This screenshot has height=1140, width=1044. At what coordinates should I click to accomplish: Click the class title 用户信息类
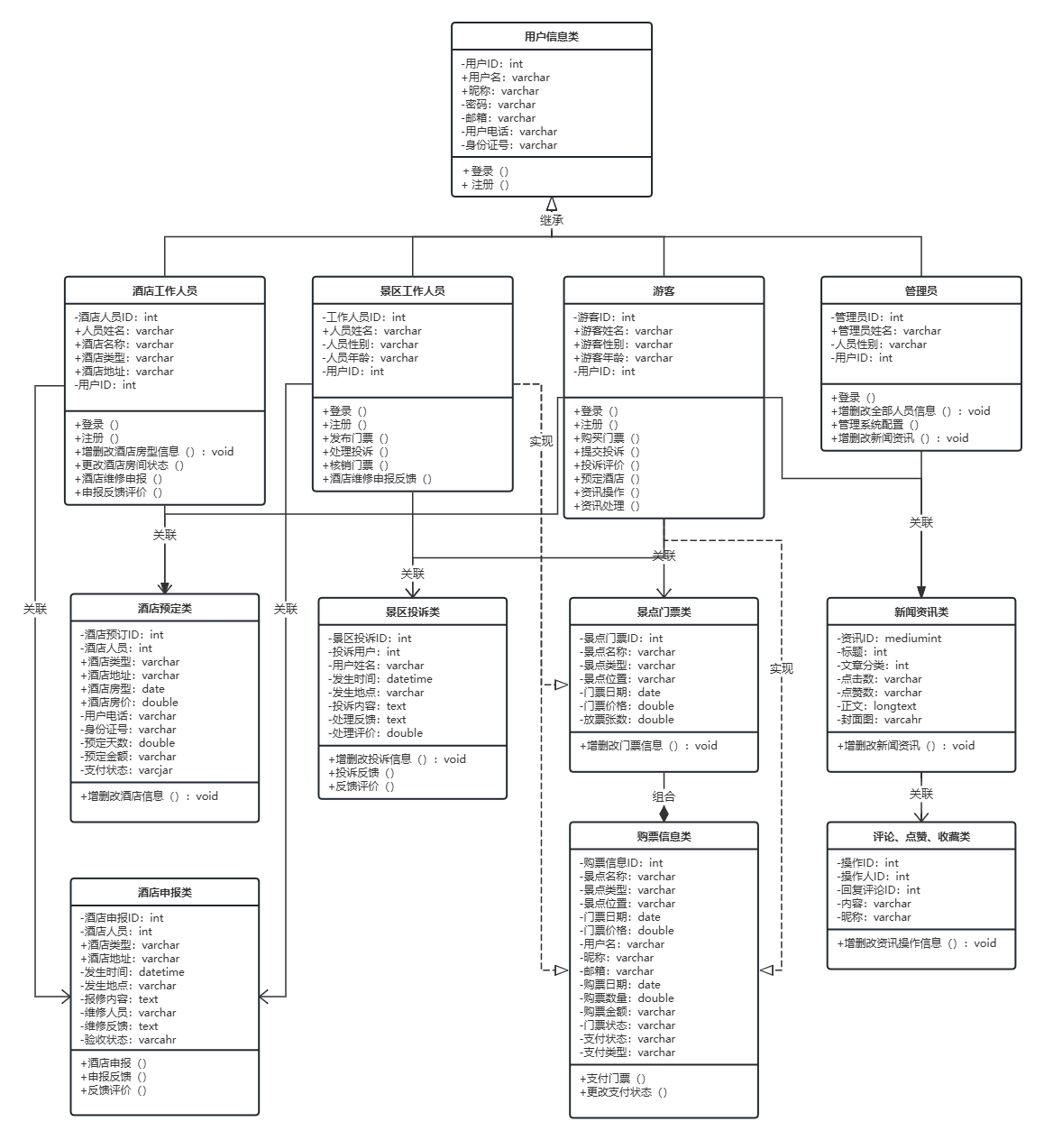tap(551, 37)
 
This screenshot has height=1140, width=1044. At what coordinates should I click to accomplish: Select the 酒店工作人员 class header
tap(164, 290)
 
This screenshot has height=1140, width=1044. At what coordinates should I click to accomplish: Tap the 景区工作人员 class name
tap(412, 290)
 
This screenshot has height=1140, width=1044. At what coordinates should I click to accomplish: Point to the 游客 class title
tap(664, 290)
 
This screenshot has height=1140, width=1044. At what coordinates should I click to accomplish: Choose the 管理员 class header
tap(920, 290)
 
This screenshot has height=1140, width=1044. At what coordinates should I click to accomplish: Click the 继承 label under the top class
tap(552, 220)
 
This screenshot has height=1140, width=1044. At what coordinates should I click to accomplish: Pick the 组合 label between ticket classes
tap(664, 796)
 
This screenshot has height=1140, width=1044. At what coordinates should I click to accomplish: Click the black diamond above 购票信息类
tap(664, 814)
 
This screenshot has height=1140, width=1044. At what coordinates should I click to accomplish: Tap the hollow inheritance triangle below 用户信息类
tap(552, 204)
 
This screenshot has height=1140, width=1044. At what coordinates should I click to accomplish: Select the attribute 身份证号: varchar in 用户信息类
tap(510, 145)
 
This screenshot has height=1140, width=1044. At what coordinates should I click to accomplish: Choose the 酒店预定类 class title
tap(164, 608)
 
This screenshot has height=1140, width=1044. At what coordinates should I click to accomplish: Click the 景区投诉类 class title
tap(412, 611)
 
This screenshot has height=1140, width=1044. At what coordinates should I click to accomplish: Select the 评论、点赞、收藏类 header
tap(920, 836)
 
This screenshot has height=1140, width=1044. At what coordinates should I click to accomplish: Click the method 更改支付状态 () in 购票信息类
tap(623, 1092)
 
